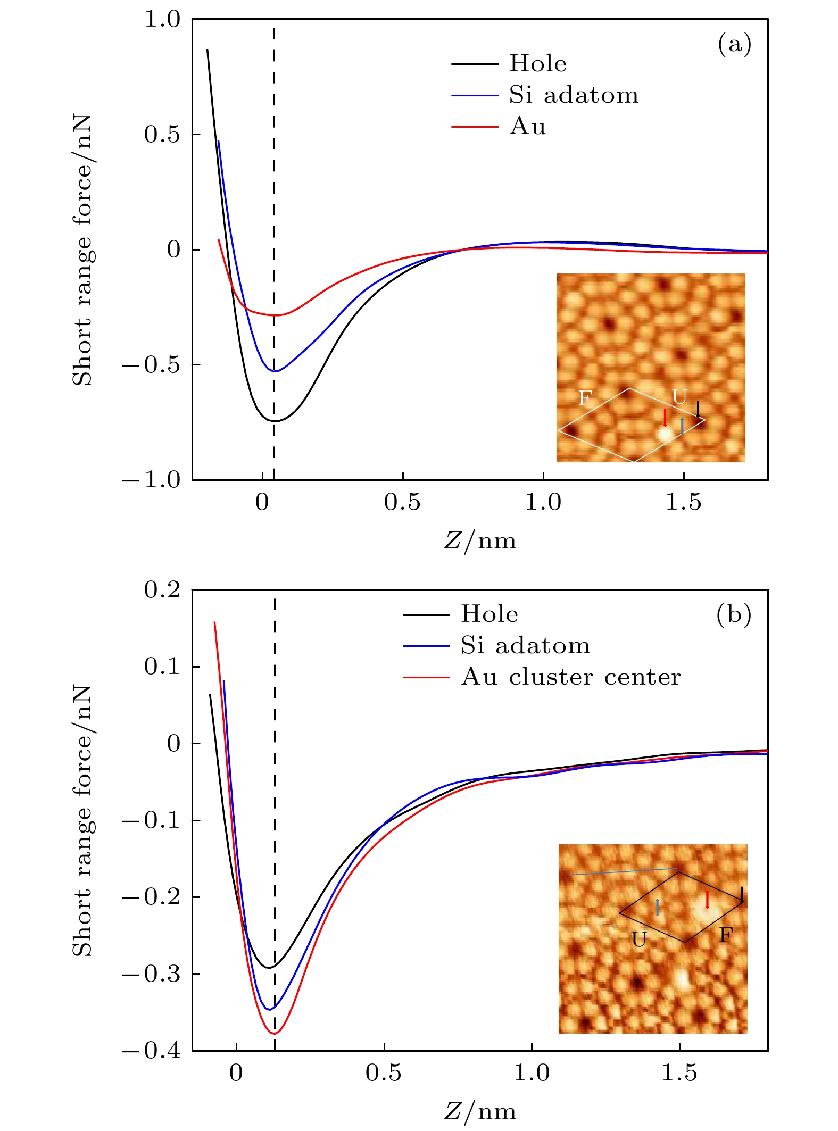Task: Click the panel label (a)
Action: coord(734,44)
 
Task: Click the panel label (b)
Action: coord(734,614)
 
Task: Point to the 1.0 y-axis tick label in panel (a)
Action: coord(162,20)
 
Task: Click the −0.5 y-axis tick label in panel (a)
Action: coord(152,365)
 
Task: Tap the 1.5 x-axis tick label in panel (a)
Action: coord(684,502)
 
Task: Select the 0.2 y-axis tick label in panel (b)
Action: coord(162,590)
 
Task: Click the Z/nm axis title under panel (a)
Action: coord(480,541)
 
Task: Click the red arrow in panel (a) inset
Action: coord(665,417)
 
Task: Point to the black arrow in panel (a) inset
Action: coord(699,409)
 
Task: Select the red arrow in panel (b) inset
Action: coord(707,900)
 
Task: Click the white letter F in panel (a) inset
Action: coord(585,398)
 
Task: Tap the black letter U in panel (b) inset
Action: coord(639,940)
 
